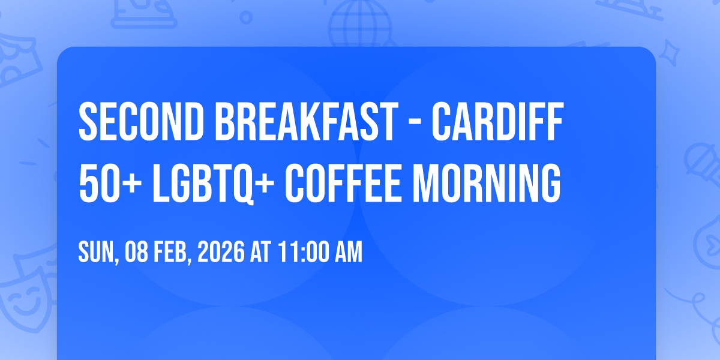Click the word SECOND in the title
[142, 121]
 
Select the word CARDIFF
[497, 121]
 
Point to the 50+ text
[110, 183]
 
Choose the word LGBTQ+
[214, 184]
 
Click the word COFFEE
[343, 183]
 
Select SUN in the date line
[97, 252]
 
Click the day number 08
[137, 251]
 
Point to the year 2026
[221, 251]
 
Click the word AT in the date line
[260, 251]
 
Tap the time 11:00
[304, 251]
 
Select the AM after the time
[349, 251]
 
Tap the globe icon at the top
[360, 23]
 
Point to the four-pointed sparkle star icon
[669, 53]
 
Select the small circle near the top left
[246, 17]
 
